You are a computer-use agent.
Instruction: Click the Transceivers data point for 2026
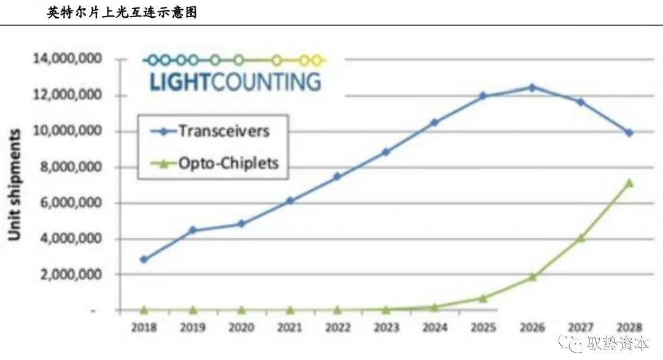(x=532, y=87)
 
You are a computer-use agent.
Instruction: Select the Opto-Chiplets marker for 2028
(x=629, y=182)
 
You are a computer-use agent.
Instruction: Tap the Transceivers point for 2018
(x=144, y=259)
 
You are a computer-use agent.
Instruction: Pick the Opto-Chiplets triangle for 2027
(x=581, y=237)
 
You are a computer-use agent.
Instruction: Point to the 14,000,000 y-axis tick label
(x=68, y=59)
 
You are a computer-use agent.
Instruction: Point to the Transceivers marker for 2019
(x=193, y=230)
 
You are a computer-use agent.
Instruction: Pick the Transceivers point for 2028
(x=629, y=133)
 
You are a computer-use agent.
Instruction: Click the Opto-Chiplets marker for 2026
(x=532, y=276)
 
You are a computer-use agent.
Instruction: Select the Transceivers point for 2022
(x=338, y=176)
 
